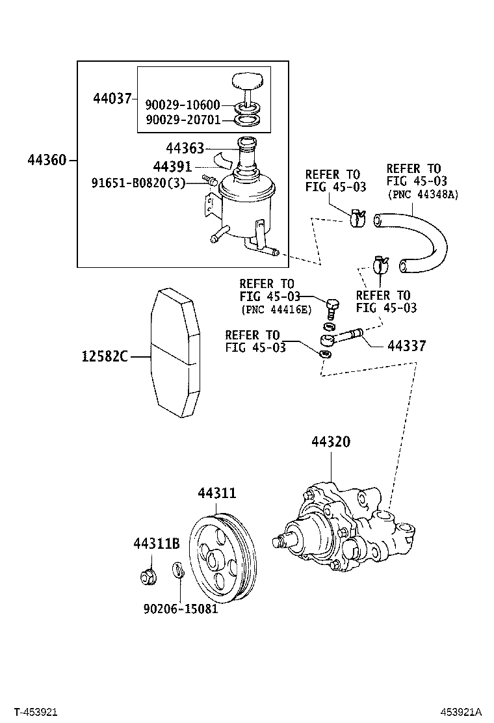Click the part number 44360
(x=47, y=159)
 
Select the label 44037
(x=112, y=99)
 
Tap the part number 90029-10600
(x=182, y=105)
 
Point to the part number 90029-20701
(x=182, y=120)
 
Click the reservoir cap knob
(x=248, y=83)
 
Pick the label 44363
(x=185, y=148)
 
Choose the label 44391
(x=172, y=166)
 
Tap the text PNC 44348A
(x=422, y=194)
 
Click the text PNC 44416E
(x=276, y=309)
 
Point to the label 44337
(x=406, y=346)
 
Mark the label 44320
(x=331, y=442)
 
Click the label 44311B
(x=157, y=543)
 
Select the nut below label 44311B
(x=147, y=575)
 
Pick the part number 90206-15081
(x=180, y=609)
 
